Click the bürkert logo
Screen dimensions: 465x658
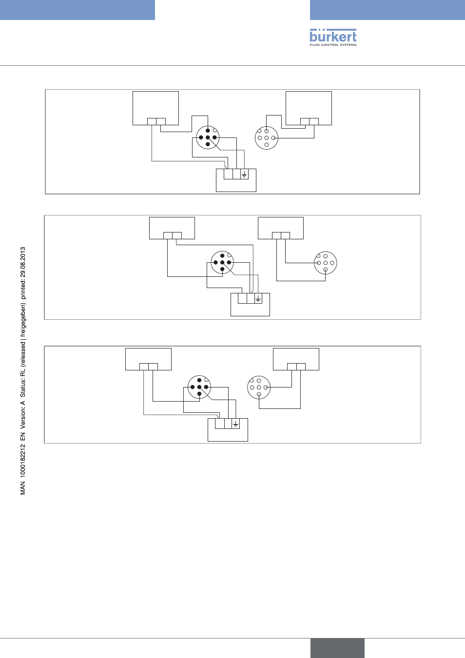point(333,38)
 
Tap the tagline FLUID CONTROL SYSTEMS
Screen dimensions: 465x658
point(333,45)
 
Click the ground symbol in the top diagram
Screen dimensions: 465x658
point(244,175)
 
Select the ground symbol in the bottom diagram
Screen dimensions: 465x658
point(235,424)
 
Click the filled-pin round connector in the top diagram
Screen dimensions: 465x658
point(208,137)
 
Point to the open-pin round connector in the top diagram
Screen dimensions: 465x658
point(267,138)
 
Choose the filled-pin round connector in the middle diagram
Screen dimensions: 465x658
point(222,262)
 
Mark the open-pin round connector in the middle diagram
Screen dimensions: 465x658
point(326,263)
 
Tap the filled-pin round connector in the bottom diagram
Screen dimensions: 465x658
point(199,387)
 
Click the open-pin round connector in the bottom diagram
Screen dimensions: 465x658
point(259,387)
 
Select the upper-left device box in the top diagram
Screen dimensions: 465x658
point(155,108)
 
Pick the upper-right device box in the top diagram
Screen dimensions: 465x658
point(309,108)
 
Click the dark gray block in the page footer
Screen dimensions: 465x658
point(337,648)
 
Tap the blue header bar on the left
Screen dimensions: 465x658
point(77,10)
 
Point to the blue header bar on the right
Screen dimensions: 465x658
point(387,10)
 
